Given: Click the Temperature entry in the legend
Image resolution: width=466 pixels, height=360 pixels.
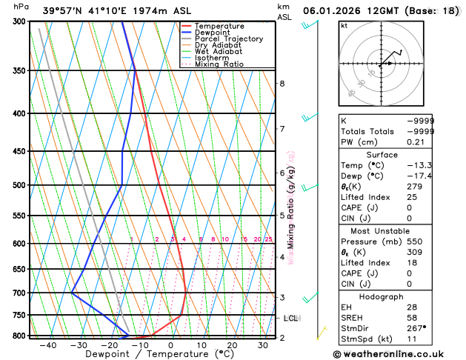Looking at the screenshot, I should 221,26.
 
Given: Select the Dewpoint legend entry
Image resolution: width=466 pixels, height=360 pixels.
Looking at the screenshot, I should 215,33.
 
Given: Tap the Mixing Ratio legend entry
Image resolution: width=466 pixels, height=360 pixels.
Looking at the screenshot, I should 219,64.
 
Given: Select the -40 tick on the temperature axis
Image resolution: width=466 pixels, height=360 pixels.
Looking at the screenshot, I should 48,345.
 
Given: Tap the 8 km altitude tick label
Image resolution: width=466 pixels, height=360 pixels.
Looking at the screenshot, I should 282,83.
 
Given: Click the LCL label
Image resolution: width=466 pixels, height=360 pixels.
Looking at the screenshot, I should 291,319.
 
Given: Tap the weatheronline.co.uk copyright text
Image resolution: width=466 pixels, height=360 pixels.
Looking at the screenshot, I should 393,354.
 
